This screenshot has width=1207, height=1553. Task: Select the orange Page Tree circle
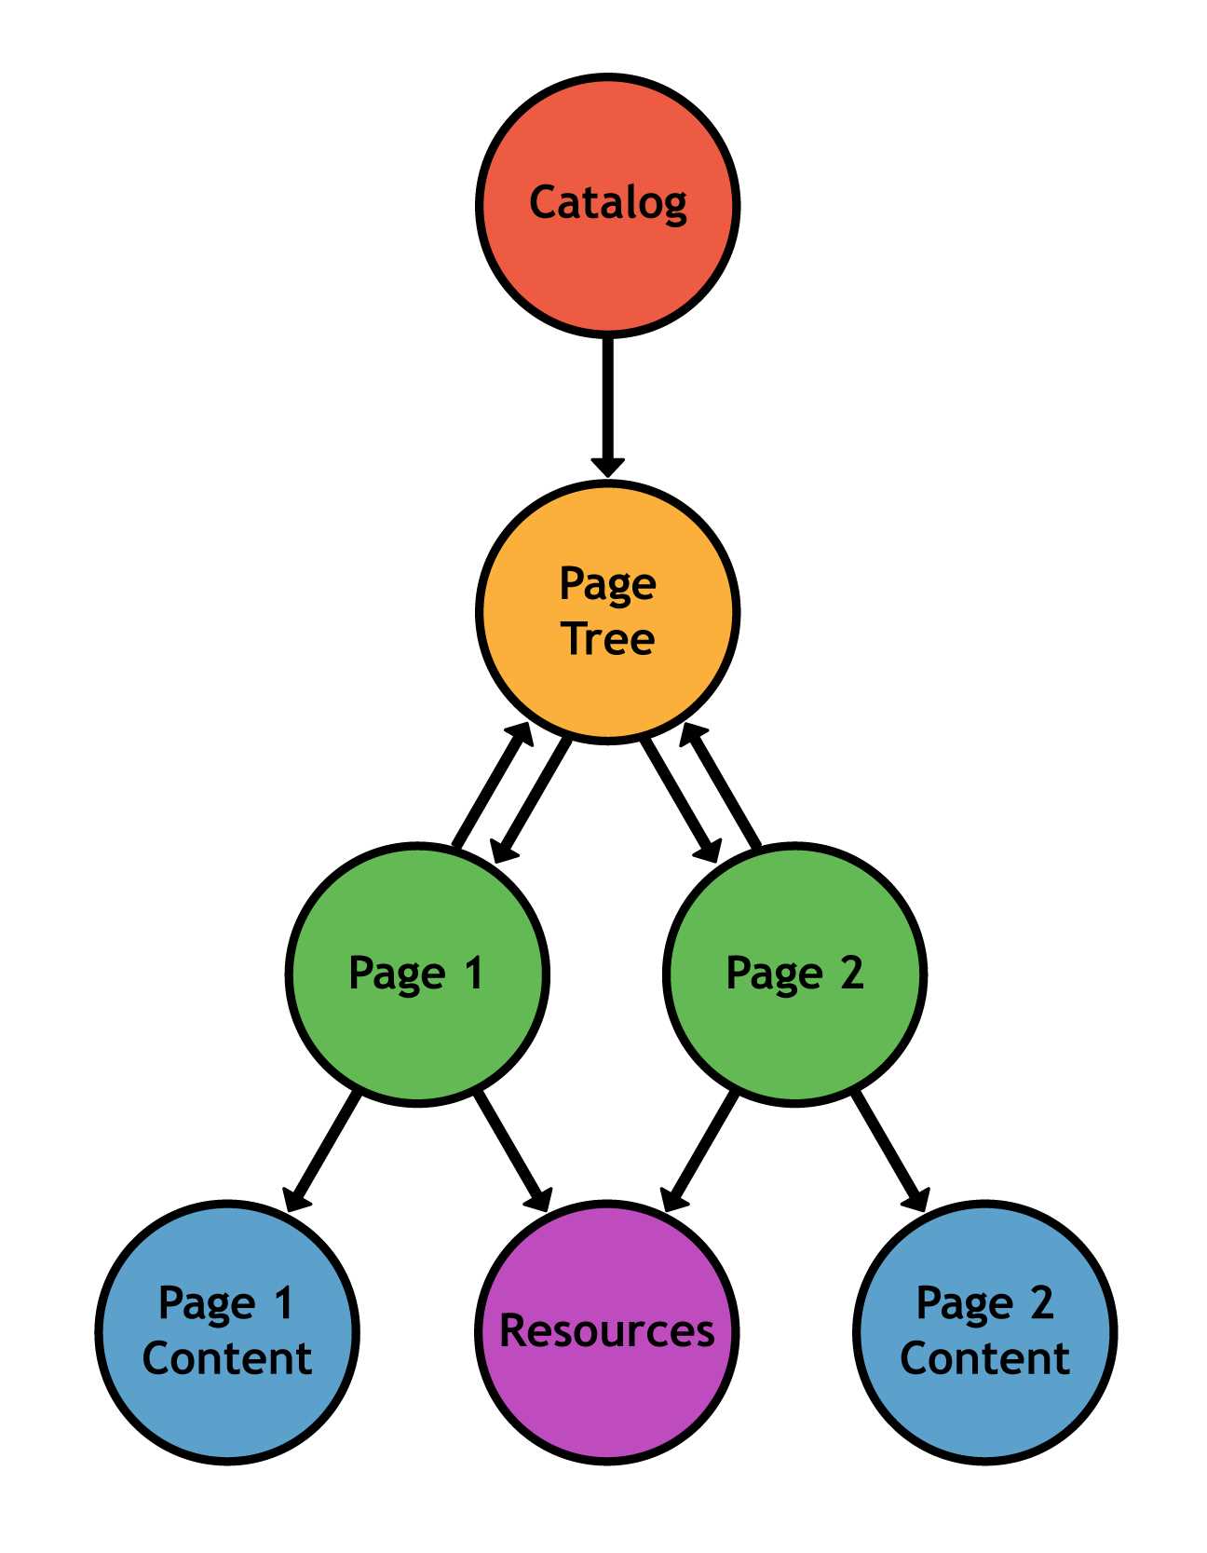pos(607,689)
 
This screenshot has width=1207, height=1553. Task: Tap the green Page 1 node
pos(416,1034)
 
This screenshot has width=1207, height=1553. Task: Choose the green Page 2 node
pos(794,1034)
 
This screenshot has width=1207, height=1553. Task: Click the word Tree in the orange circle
pos(608,639)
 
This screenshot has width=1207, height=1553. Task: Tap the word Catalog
pos(607,202)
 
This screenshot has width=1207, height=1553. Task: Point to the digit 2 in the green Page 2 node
pos(851,973)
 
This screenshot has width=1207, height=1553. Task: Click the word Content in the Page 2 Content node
pos(984,1358)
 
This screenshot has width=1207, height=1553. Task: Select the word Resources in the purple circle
pos(607,1330)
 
